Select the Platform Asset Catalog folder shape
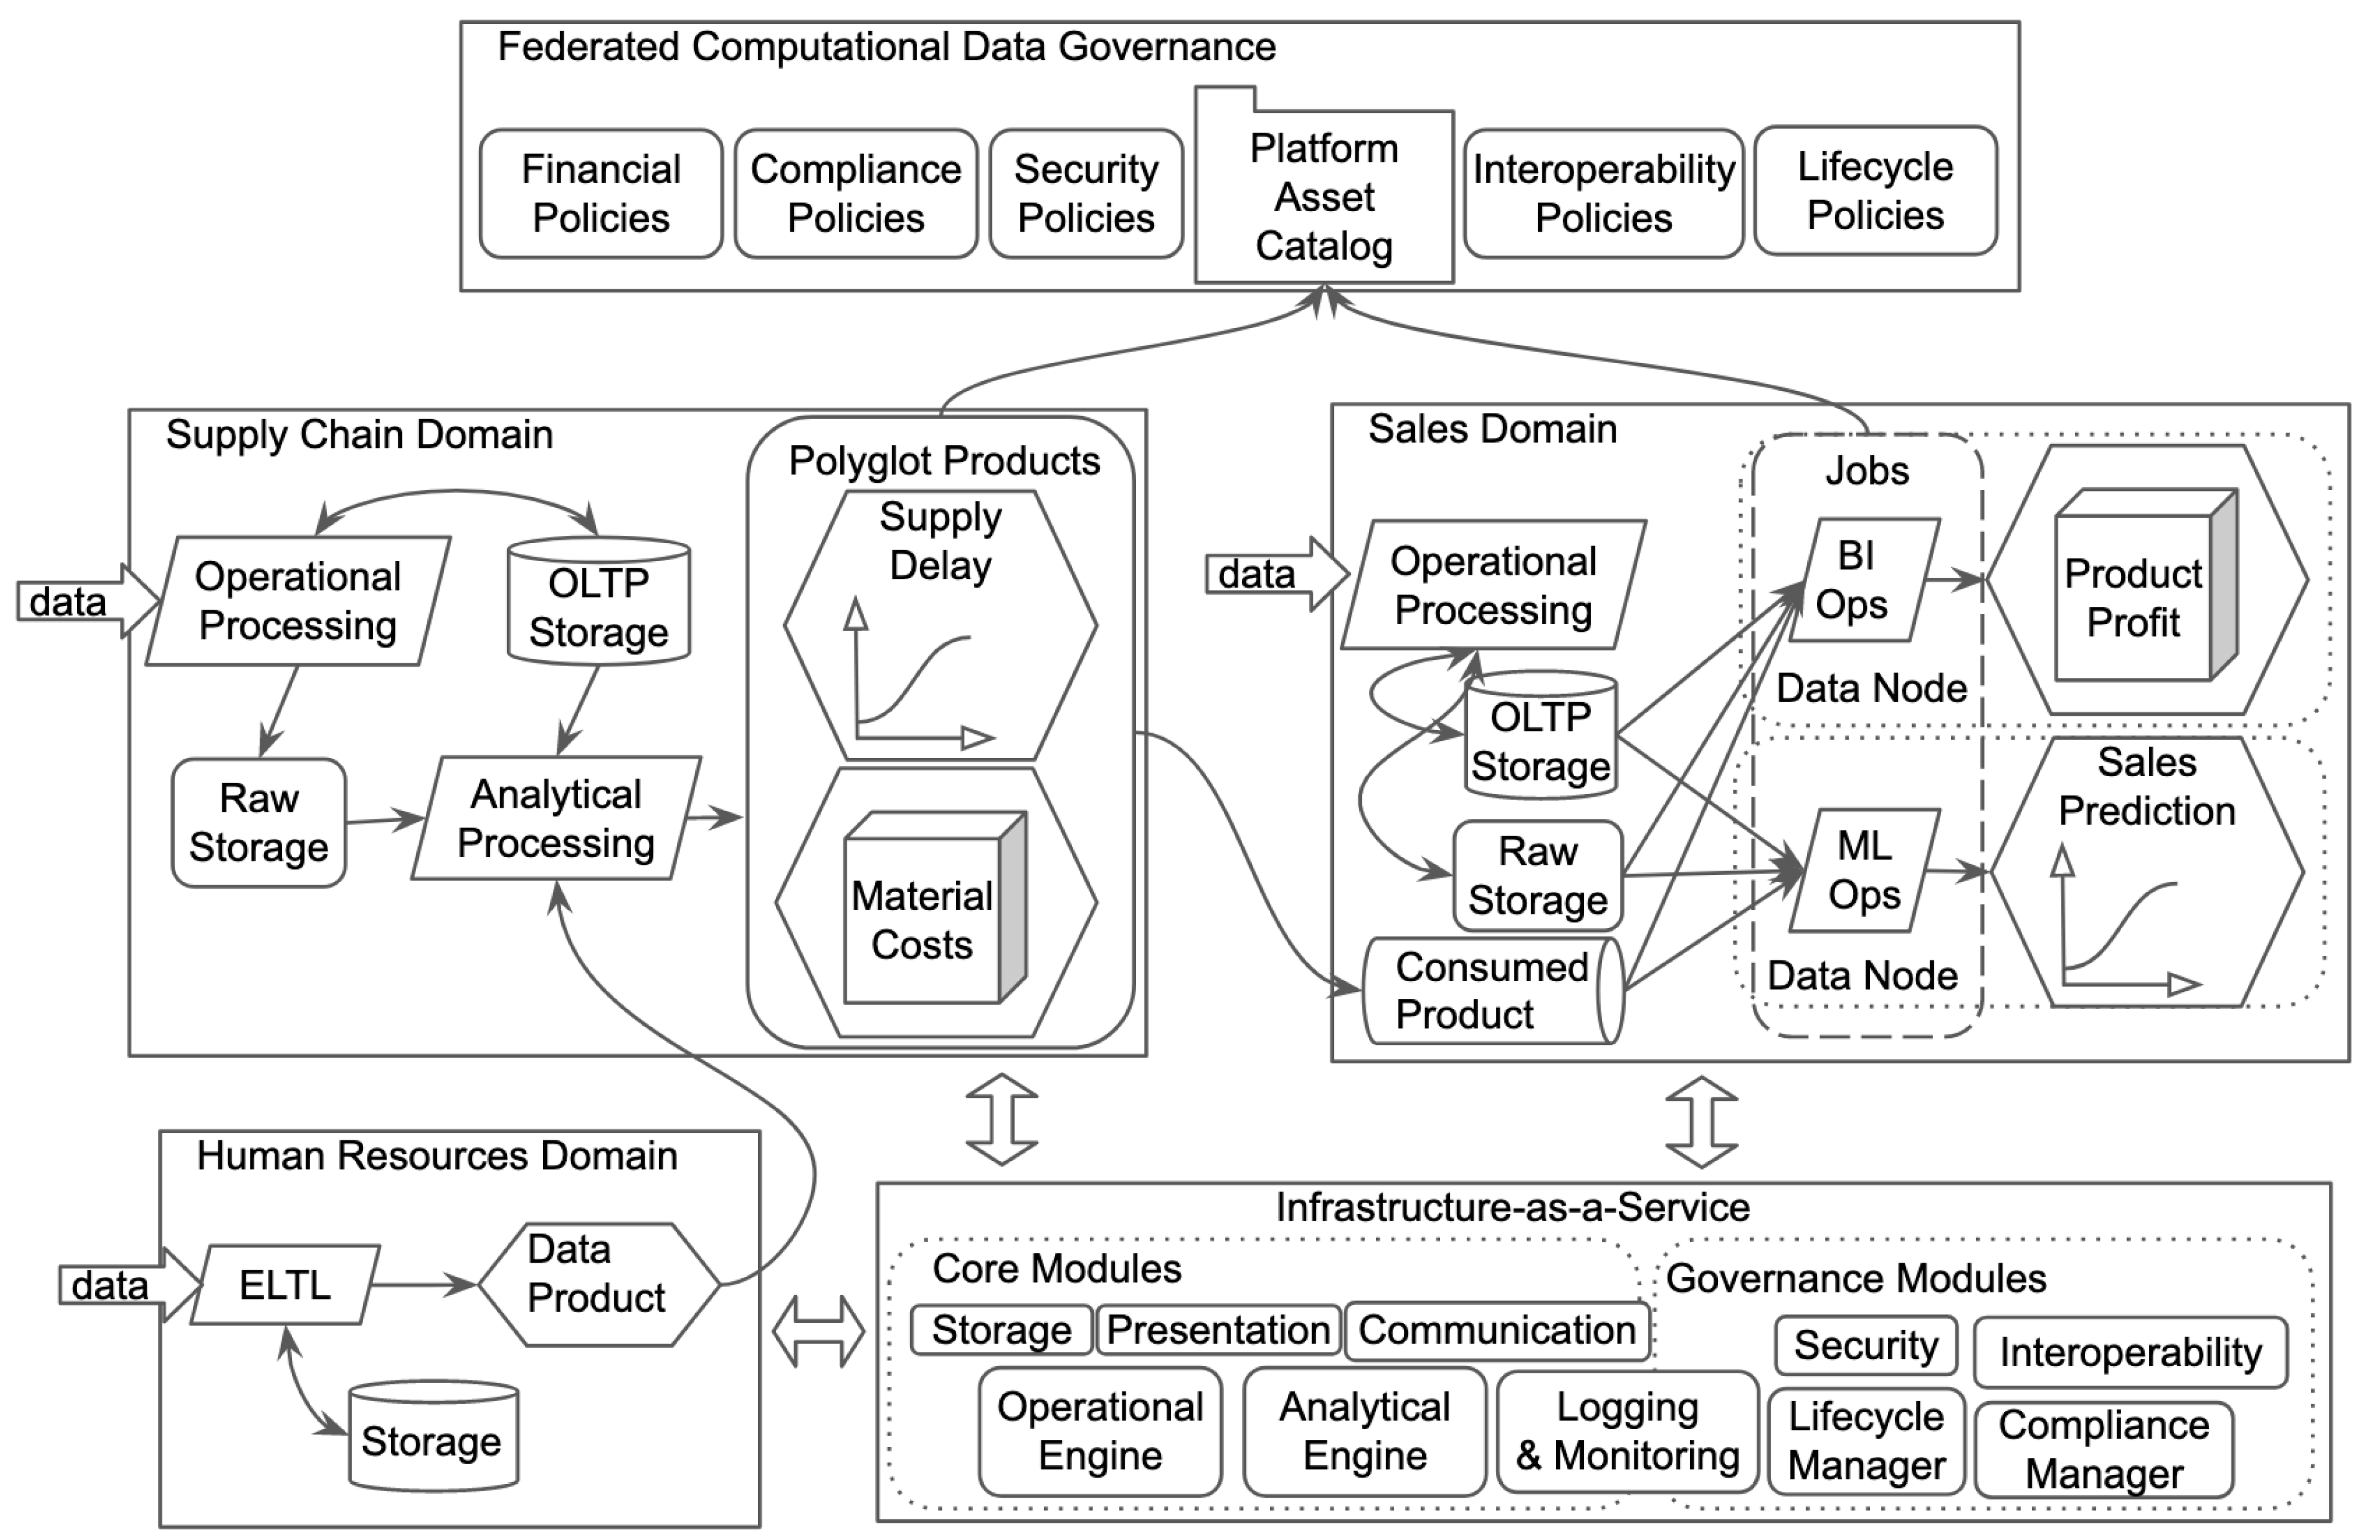coord(1323,197)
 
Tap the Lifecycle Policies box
coord(1874,191)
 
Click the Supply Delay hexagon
coord(940,625)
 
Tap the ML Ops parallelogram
coord(1863,870)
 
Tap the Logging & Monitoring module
coord(1627,1432)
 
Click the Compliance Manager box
coord(2103,1450)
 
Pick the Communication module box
coord(1496,1330)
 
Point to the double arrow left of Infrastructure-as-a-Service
coord(818,1331)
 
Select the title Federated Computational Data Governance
coord(886,47)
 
